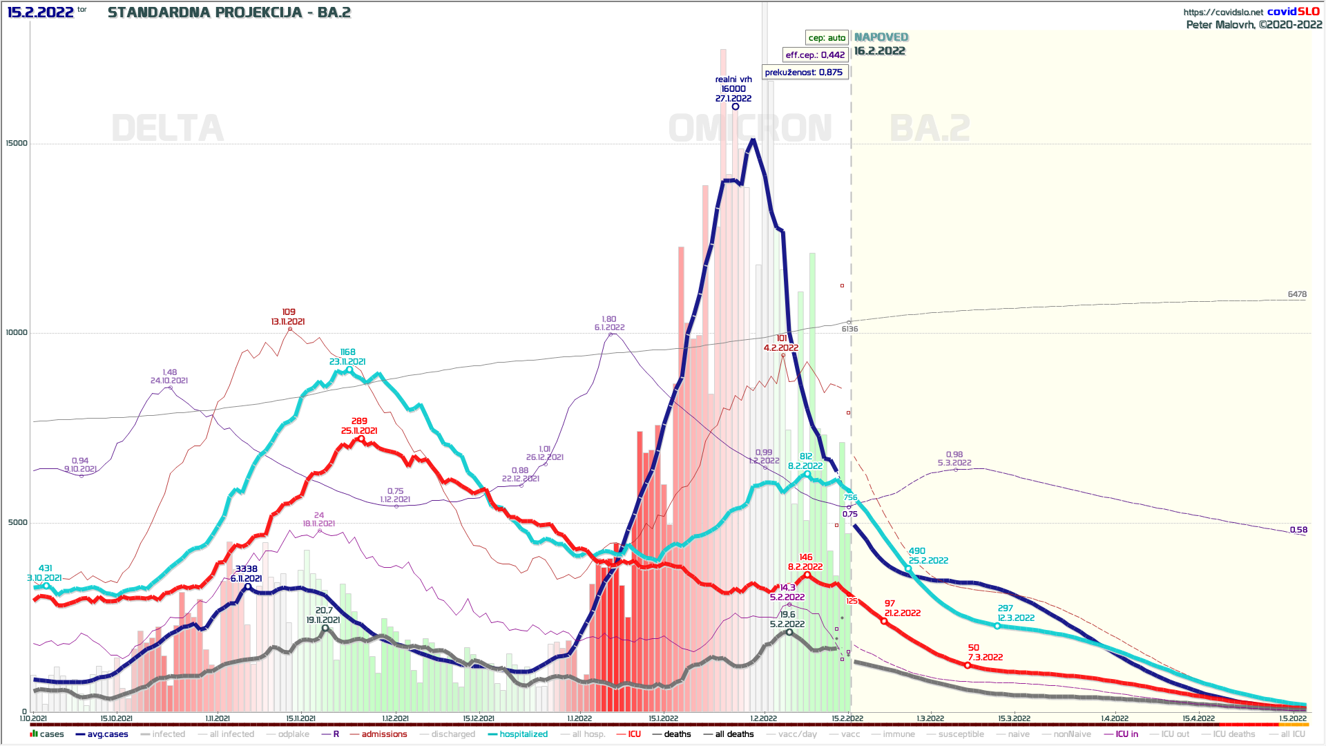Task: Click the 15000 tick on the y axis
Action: pyautogui.click(x=17, y=144)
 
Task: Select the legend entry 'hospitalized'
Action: pyautogui.click(x=523, y=734)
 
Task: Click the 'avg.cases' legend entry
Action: pyautogui.click(x=107, y=734)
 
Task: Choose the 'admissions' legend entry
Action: pyautogui.click(x=384, y=734)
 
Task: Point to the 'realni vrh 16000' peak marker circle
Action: pyautogui.click(x=736, y=106)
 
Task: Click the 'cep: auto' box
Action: pyautogui.click(x=827, y=38)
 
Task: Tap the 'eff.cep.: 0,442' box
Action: pyautogui.click(x=815, y=55)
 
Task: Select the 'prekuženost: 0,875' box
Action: pyautogui.click(x=804, y=72)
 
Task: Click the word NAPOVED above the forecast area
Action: pyautogui.click(x=881, y=37)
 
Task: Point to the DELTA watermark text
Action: pyautogui.click(x=168, y=128)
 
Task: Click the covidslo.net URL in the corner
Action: pyautogui.click(x=1223, y=12)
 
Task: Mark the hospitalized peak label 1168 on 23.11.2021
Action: pyautogui.click(x=347, y=357)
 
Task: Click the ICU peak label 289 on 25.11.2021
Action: pyautogui.click(x=359, y=425)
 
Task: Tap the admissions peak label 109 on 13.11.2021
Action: pyautogui.click(x=288, y=317)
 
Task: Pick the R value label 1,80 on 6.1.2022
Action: pyautogui.click(x=609, y=323)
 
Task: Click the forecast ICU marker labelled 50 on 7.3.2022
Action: pyautogui.click(x=968, y=665)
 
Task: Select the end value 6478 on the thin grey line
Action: pyautogui.click(x=1297, y=294)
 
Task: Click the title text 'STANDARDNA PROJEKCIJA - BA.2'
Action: pyautogui.click(x=229, y=12)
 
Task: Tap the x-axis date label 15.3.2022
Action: pyautogui.click(x=1014, y=719)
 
